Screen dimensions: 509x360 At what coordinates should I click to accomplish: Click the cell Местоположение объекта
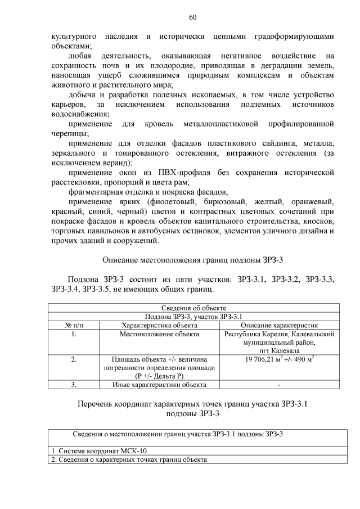(x=159, y=334)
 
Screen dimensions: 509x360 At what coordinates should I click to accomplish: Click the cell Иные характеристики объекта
(x=159, y=385)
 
